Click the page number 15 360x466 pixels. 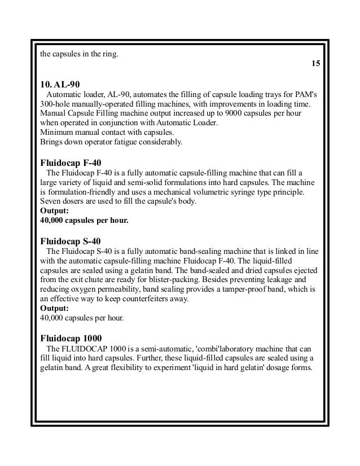pos(316,64)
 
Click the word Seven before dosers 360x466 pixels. pos(51,201)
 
